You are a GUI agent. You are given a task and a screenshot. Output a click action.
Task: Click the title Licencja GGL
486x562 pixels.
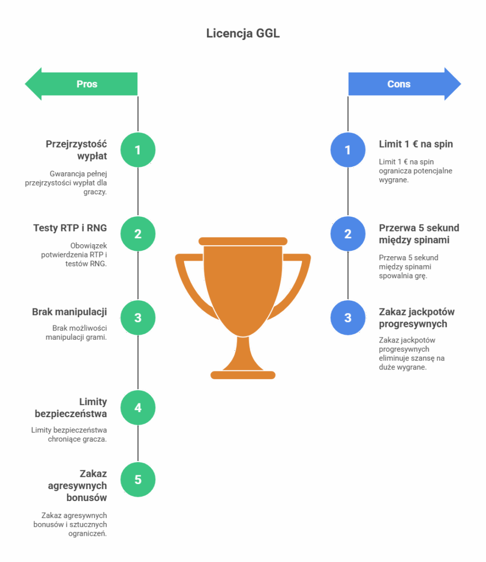pos(243,33)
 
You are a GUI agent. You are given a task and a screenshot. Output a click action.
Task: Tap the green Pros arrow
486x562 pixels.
pos(82,84)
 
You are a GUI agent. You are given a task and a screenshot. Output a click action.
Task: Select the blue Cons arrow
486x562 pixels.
pos(404,84)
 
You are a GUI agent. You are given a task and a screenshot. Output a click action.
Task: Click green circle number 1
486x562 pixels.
pos(138,150)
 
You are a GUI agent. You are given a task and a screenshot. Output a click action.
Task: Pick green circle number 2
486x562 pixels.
pos(138,234)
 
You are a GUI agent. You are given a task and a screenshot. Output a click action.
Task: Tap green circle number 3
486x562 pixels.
pos(138,318)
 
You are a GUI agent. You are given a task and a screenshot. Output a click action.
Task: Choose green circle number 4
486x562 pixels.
pos(138,408)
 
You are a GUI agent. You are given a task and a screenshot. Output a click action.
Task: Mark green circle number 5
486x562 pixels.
pos(138,480)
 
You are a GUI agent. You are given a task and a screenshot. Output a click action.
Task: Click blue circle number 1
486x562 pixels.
pos(348,150)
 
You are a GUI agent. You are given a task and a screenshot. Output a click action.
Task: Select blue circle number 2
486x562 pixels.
pos(348,234)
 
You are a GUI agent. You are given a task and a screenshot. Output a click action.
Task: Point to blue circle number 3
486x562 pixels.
pos(348,318)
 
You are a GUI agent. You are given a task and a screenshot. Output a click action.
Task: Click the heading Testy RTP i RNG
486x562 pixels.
pos(70,228)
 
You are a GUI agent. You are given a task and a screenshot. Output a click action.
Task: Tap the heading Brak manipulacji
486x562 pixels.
pos(69,312)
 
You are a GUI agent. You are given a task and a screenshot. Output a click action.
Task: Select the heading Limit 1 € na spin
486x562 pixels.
pos(416,144)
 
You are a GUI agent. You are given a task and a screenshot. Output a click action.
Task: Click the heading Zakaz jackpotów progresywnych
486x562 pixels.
pos(417,318)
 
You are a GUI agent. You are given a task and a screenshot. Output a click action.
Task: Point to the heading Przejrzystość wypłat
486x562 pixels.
pos(76,150)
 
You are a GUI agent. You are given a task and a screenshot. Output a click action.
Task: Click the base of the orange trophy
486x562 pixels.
pos(243,375)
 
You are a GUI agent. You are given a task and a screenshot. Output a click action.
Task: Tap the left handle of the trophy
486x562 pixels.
pos(187,280)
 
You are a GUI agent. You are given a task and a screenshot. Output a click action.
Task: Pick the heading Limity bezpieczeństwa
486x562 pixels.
pos(71,408)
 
